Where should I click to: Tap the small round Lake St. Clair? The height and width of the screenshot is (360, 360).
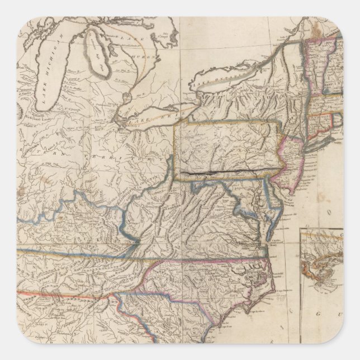[x=127, y=97]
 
